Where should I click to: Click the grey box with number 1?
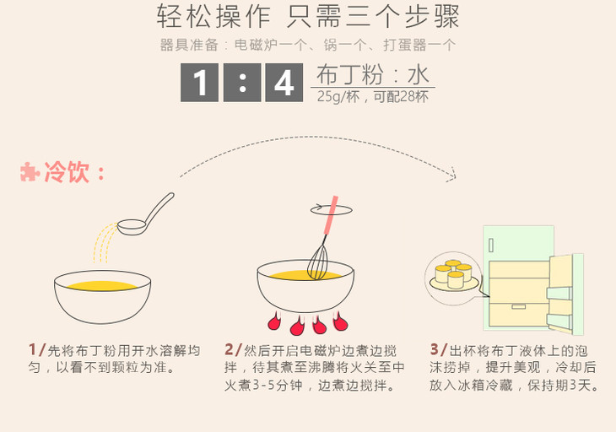(200, 83)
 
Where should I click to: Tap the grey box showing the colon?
(242, 83)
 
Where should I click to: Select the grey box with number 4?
(284, 83)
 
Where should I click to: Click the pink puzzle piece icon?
(30, 171)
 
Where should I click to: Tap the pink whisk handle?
(331, 215)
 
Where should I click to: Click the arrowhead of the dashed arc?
(452, 175)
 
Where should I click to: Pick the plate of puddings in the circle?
(454, 277)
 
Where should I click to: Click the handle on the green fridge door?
(491, 246)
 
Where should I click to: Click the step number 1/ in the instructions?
(37, 349)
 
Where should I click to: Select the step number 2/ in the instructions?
(234, 349)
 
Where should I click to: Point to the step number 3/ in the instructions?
(439, 349)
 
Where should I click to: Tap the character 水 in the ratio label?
(418, 74)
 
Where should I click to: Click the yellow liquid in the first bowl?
(102, 285)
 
